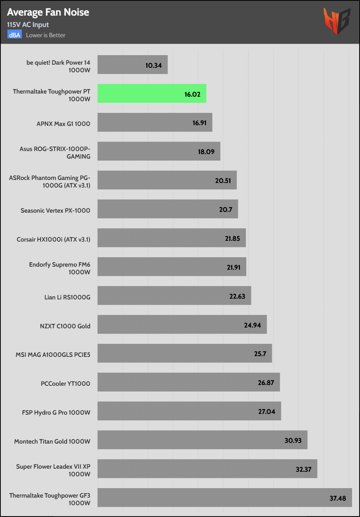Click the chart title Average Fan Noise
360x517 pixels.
[x=48, y=12]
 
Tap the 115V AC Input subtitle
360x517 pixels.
[x=28, y=25]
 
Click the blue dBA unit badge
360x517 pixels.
[x=14, y=35]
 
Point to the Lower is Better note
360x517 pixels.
[x=46, y=35]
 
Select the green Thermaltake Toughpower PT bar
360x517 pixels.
[x=152, y=94]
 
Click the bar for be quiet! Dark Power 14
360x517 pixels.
[x=132, y=65]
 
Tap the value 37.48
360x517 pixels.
[x=338, y=498]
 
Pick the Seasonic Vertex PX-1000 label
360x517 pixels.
[x=56, y=210]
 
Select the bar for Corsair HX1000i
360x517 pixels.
[x=171, y=238]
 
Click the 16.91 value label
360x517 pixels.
[x=200, y=123]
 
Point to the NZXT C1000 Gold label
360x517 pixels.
[x=65, y=326]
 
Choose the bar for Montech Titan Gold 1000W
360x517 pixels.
[x=202, y=440]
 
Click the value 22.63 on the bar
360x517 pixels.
[x=237, y=296]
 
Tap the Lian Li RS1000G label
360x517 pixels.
[x=67, y=297]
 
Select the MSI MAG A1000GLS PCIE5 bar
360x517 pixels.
[x=184, y=353]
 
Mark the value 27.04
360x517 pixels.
[x=266, y=412]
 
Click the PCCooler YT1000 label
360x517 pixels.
[x=65, y=383]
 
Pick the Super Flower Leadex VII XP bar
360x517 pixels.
[x=207, y=469]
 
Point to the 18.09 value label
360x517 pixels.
[x=206, y=152]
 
